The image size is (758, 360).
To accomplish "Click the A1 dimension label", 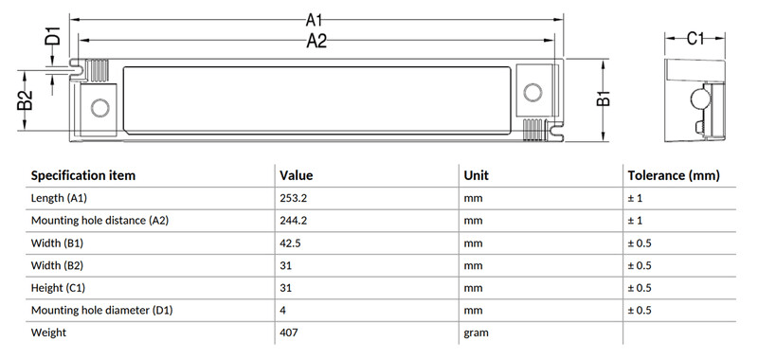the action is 314,20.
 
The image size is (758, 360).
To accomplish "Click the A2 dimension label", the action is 316,41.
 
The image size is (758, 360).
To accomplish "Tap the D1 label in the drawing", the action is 53,36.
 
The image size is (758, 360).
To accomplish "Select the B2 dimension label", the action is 26,100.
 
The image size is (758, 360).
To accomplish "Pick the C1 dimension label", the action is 695,38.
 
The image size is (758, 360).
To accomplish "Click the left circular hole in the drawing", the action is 100,108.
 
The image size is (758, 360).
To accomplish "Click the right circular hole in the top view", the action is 532,92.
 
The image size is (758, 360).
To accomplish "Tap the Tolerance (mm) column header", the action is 674,175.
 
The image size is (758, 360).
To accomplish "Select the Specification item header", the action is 83,175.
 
